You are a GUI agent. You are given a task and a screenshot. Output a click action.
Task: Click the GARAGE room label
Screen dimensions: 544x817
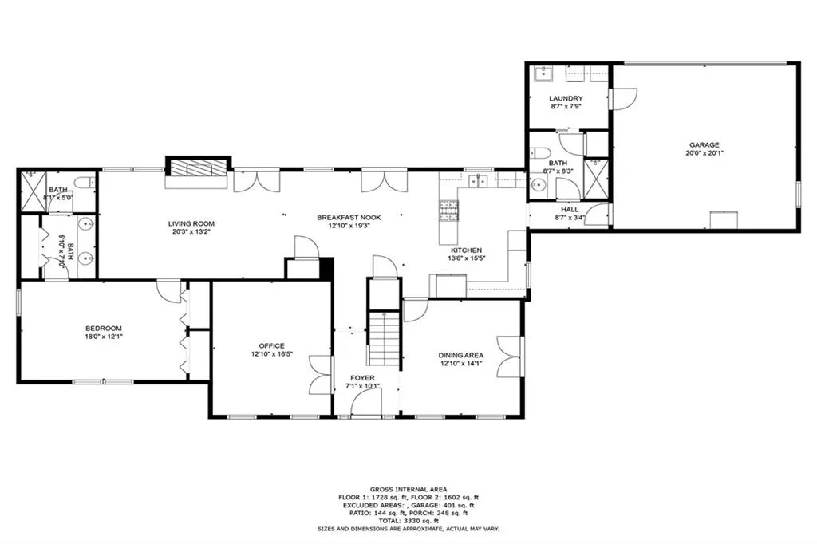pos(705,144)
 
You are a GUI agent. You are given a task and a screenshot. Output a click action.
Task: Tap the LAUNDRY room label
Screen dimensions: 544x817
pos(566,98)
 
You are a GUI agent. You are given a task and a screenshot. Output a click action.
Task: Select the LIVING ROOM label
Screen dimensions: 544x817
pos(191,223)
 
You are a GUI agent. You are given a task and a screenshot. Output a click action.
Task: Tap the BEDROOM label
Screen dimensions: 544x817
pos(104,328)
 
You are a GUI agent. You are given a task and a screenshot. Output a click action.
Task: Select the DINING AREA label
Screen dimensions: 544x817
pos(462,356)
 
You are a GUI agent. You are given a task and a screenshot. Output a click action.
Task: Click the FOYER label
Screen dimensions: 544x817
pos(363,378)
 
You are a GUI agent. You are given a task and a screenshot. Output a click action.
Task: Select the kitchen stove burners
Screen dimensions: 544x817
pos(448,210)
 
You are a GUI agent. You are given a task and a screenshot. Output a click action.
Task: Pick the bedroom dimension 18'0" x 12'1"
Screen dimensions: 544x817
pos(104,337)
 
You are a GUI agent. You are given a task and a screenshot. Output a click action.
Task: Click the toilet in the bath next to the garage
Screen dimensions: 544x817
pos(540,153)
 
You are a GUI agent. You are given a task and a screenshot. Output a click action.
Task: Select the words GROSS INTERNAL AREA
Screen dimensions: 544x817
pos(408,489)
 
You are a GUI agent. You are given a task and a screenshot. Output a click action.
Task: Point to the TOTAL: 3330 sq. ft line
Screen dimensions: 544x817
pos(408,521)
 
